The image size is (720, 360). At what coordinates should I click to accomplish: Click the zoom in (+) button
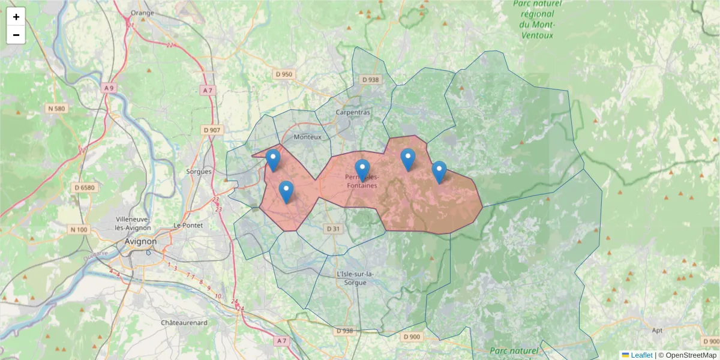pyautogui.click(x=16, y=17)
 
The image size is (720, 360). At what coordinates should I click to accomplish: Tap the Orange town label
pyautogui.click(x=142, y=13)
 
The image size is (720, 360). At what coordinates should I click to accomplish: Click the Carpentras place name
pyautogui.click(x=353, y=112)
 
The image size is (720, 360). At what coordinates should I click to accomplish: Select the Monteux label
pyautogui.click(x=308, y=137)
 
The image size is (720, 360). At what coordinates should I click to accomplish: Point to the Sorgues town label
pyautogui.click(x=199, y=172)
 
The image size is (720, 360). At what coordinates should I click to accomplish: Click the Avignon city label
pyautogui.click(x=140, y=242)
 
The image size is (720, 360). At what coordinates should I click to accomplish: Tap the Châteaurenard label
pyautogui.click(x=184, y=323)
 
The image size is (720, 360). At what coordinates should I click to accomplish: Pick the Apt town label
pyautogui.click(x=657, y=331)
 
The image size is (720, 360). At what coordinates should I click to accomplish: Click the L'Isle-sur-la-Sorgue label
pyautogui.click(x=356, y=278)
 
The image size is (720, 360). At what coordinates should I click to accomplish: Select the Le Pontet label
pyautogui.click(x=188, y=225)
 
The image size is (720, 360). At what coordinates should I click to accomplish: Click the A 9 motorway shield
pyautogui.click(x=109, y=88)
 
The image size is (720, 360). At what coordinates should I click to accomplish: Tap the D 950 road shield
pyautogui.click(x=284, y=74)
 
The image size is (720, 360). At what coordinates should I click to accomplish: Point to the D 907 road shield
pyautogui.click(x=212, y=130)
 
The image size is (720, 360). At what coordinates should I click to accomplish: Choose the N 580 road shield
pyautogui.click(x=56, y=109)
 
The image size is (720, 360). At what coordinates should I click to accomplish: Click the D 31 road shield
pyautogui.click(x=333, y=229)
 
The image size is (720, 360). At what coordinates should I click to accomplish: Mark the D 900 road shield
pyautogui.click(x=412, y=337)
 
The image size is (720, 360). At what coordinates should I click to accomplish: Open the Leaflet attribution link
pyautogui.click(x=641, y=355)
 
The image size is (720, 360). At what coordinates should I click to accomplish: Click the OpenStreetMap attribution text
pyautogui.click(x=691, y=355)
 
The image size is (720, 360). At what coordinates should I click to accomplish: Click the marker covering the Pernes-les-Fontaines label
pyautogui.click(x=362, y=169)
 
